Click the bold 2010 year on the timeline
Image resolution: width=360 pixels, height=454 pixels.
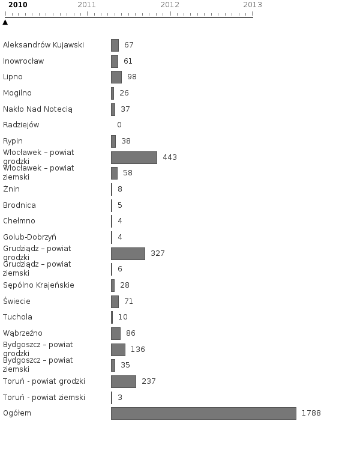click(17, 5)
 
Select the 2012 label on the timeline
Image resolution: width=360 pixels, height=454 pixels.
click(170, 5)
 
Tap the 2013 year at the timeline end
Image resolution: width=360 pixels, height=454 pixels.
click(253, 5)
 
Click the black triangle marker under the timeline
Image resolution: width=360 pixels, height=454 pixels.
click(5, 22)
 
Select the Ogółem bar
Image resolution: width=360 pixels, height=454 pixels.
click(203, 413)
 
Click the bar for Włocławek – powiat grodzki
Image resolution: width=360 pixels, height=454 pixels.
click(134, 157)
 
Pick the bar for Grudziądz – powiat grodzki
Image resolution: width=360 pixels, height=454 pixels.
click(128, 253)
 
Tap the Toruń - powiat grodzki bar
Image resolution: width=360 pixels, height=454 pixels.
click(124, 381)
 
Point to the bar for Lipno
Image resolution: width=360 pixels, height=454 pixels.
click(116, 77)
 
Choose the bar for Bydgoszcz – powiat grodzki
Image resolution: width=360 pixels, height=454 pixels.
click(118, 350)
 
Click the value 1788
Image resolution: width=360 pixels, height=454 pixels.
click(311, 413)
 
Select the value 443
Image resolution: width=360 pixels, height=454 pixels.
click(170, 157)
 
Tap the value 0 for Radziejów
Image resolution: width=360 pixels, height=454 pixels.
click(119, 125)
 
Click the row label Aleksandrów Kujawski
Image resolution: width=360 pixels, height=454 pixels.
click(43, 45)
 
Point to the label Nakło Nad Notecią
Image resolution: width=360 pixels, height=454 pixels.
click(38, 109)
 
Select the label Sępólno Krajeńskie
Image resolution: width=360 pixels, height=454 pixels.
click(38, 285)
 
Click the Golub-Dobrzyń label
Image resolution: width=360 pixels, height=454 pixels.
click(29, 237)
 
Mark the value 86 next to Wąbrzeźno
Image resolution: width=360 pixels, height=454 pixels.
click(131, 333)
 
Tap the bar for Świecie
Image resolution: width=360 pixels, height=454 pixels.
click(115, 301)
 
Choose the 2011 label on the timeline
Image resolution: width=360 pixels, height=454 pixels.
click(87, 5)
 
